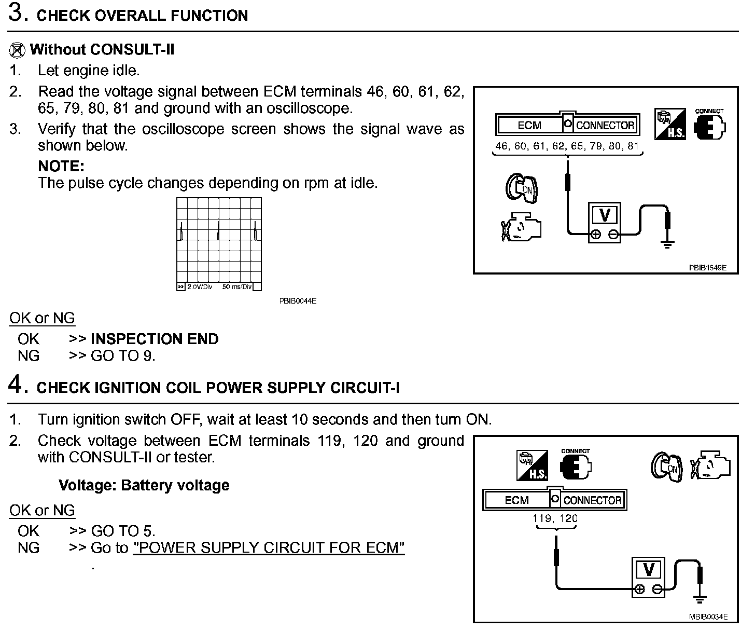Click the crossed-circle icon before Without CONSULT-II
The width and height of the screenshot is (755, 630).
point(17,50)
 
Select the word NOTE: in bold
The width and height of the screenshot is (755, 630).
point(61,167)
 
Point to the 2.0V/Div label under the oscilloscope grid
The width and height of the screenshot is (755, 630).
point(200,287)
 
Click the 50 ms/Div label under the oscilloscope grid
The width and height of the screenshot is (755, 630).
point(236,287)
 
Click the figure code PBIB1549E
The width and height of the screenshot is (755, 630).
point(707,268)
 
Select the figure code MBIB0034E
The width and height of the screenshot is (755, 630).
point(708,617)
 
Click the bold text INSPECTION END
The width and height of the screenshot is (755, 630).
point(155,339)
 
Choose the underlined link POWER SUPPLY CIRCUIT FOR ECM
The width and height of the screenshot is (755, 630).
point(269,548)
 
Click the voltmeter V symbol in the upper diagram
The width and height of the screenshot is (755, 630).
point(605,215)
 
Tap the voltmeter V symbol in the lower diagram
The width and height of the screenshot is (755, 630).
point(648,570)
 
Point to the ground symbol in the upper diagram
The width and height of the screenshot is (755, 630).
point(668,244)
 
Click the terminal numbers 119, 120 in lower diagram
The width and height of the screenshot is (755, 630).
point(555,518)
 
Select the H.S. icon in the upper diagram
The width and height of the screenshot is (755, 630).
point(669,124)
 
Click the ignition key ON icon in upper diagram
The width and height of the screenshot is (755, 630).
point(522,188)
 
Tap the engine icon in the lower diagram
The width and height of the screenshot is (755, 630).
point(712,465)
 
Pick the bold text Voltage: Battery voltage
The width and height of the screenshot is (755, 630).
point(144,486)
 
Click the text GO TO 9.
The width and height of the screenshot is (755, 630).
point(123,356)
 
